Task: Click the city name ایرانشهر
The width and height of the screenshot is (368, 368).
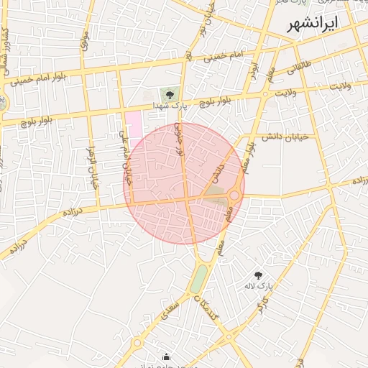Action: click(312, 24)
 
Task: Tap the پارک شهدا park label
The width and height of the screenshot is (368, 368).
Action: click(170, 106)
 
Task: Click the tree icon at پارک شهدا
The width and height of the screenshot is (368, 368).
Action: click(170, 93)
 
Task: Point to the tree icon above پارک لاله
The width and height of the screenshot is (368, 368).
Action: click(259, 275)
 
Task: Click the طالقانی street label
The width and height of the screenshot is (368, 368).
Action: click(300, 69)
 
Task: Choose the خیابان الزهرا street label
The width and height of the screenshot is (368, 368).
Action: click(92, 165)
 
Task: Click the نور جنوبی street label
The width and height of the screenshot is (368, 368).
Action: click(179, 139)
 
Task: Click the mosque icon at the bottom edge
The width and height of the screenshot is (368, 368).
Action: click(167, 356)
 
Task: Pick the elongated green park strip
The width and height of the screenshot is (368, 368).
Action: click(199, 278)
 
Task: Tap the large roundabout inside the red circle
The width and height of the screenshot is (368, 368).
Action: click(234, 195)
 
